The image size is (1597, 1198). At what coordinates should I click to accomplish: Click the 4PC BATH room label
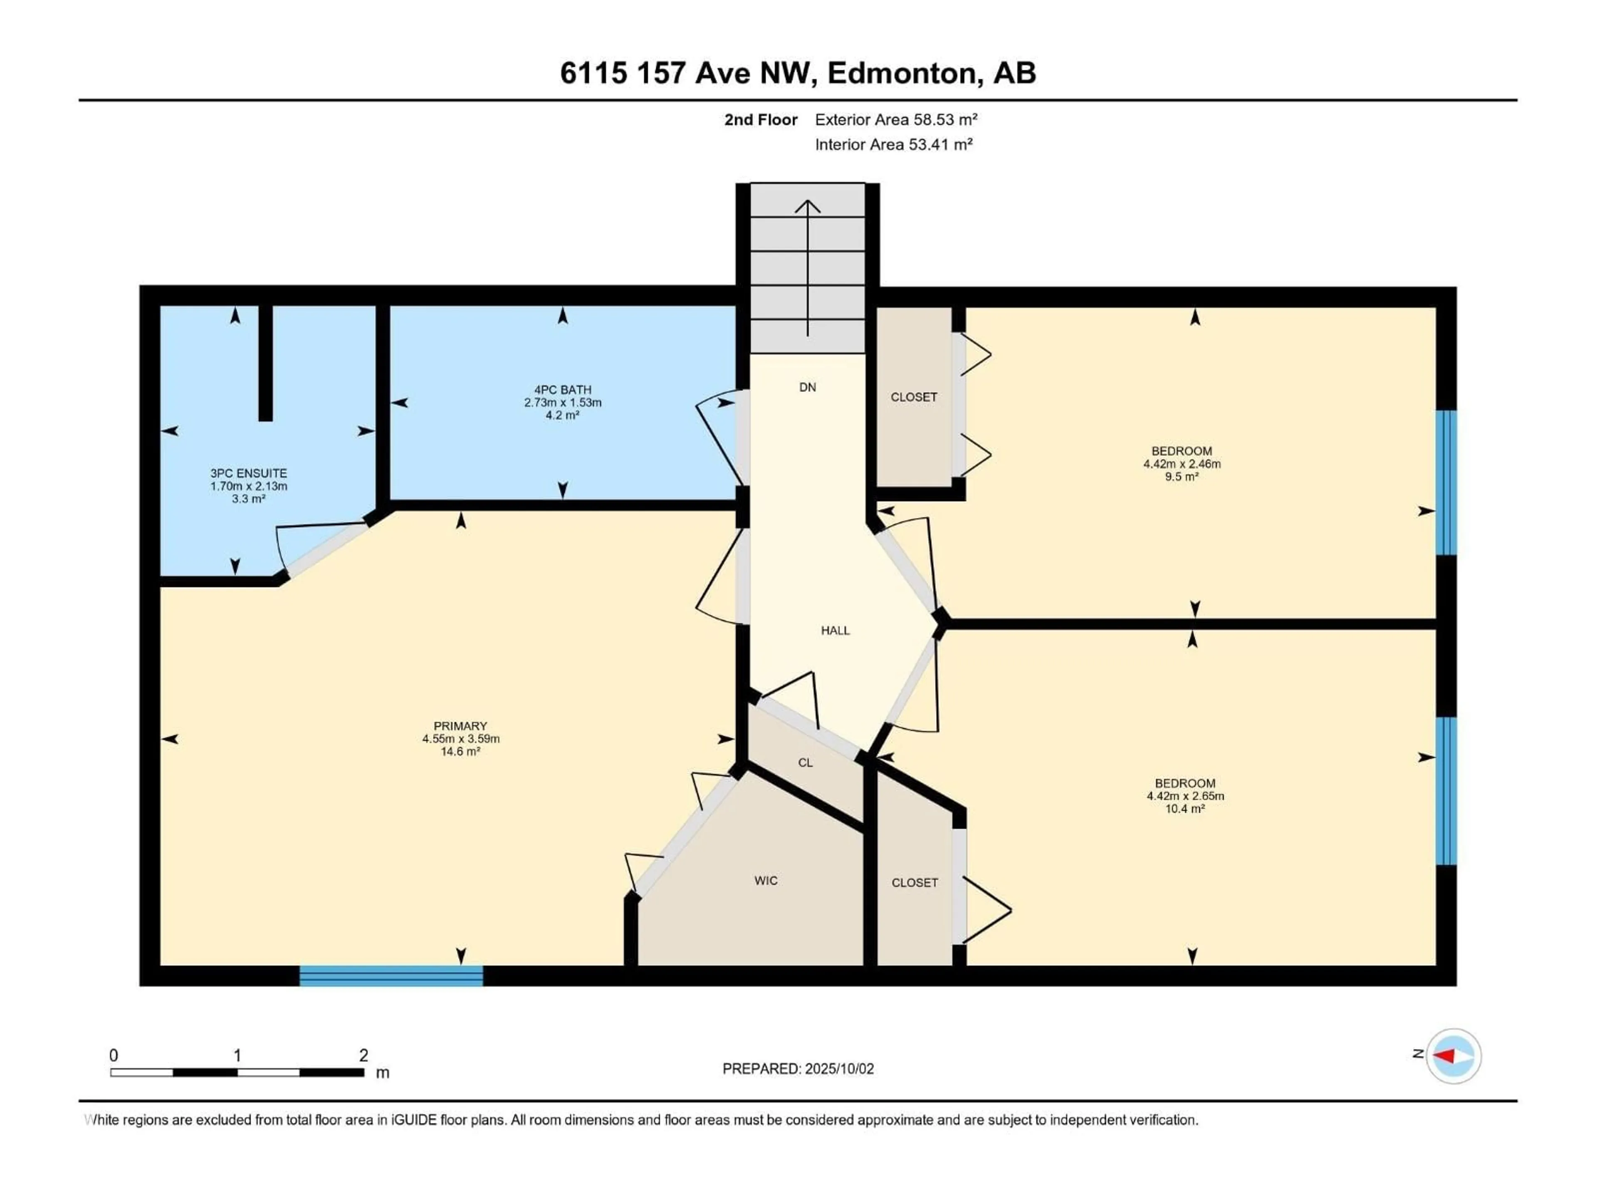coord(562,390)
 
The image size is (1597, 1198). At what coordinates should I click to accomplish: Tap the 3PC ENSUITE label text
coord(248,473)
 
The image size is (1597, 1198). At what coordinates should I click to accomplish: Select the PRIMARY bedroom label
coord(461,726)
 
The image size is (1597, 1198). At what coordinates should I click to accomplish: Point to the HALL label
coord(836,631)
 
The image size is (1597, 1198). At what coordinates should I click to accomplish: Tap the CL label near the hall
coord(806,762)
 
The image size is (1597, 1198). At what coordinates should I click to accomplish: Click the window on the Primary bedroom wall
coord(391,975)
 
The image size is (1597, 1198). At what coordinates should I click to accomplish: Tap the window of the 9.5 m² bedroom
coord(1446,483)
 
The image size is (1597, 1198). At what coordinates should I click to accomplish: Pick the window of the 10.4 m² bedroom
coord(1446,791)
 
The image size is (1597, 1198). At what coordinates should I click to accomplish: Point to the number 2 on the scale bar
coord(364,1055)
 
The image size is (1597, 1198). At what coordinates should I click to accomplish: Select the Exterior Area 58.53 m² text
coord(896,120)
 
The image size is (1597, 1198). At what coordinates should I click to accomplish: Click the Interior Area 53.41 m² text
coord(894,144)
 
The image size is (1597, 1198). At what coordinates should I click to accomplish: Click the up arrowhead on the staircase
coord(808,206)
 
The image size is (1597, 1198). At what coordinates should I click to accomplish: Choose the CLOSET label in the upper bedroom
coord(914,397)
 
